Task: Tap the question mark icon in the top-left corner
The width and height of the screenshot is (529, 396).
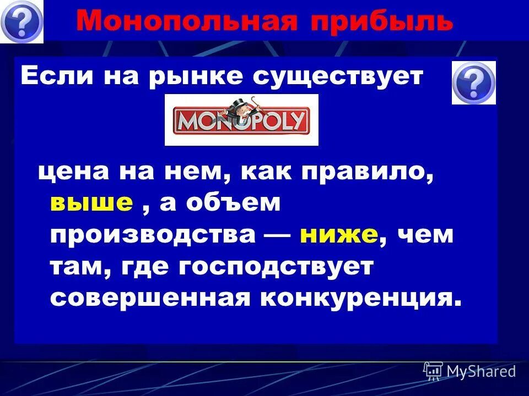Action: pos(21,21)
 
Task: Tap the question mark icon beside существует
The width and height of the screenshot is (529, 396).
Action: pos(473,82)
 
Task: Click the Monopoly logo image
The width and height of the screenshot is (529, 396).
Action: pos(241,120)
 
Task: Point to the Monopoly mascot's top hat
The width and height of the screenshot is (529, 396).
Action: pos(241,103)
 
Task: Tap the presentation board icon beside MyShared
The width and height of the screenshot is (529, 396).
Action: pos(433,371)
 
